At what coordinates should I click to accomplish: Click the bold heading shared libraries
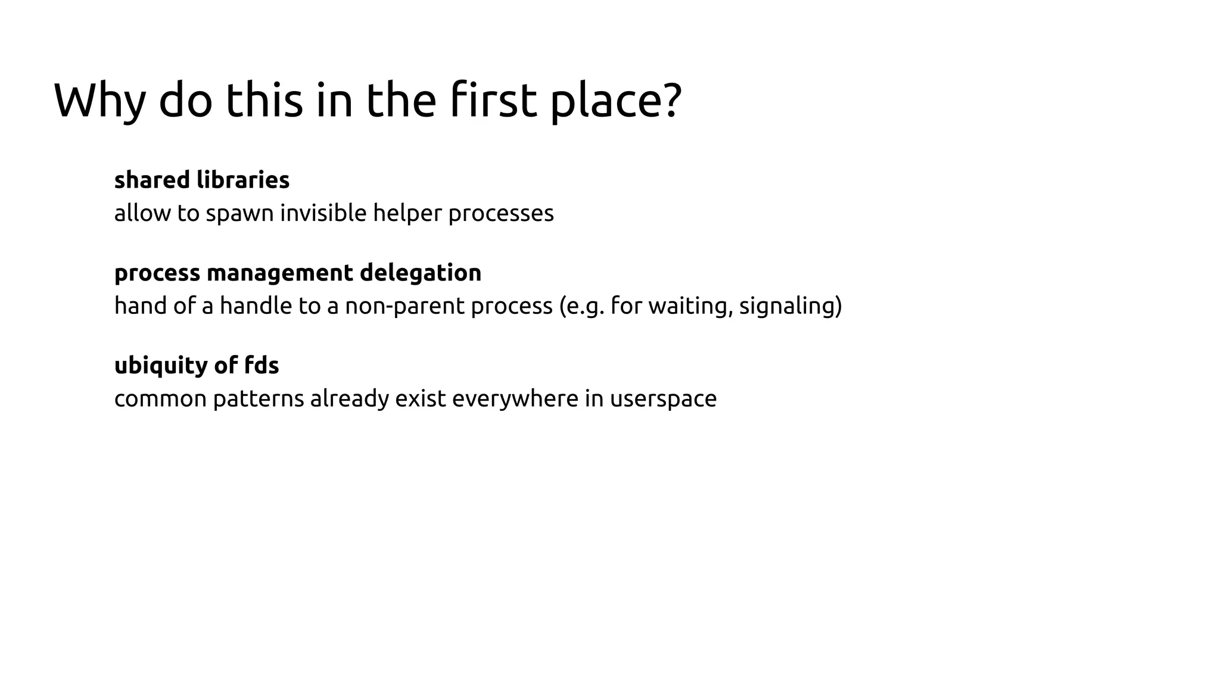pos(201,180)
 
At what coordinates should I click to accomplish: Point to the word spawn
pos(239,214)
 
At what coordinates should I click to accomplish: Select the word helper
pos(407,213)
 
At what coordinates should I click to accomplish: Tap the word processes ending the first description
pos(500,214)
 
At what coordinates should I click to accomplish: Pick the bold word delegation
pos(421,273)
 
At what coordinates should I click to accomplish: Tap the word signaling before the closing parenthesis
pos(787,306)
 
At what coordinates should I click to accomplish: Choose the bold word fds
pos(262,365)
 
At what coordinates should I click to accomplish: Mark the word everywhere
pos(515,399)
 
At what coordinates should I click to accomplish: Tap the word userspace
pos(663,399)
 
